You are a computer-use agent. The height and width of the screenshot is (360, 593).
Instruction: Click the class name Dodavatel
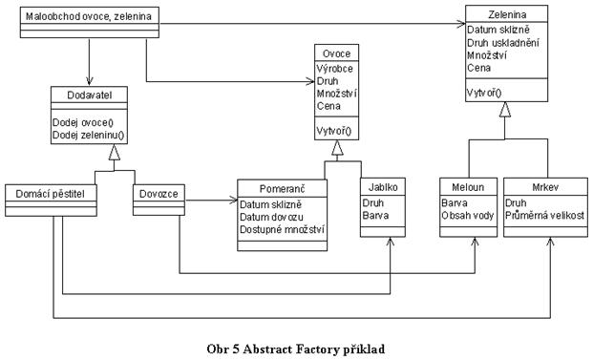click(x=89, y=95)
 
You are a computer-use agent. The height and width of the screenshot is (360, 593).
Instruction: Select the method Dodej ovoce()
click(x=83, y=122)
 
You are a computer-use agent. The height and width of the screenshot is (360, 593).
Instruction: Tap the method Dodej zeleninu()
click(x=88, y=135)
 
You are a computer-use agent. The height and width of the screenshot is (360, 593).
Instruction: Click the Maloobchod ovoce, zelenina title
click(x=89, y=16)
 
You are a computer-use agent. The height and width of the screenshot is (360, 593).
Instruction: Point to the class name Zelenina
click(x=507, y=14)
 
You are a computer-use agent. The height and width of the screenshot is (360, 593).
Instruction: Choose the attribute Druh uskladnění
click(x=503, y=43)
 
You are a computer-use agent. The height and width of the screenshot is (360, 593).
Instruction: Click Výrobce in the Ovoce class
click(x=335, y=69)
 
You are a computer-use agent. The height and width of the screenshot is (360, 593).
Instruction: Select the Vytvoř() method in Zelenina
click(x=484, y=93)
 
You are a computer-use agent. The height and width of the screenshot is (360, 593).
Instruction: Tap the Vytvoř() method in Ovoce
click(x=333, y=131)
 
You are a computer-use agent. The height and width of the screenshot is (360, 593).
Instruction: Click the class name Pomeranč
click(x=282, y=189)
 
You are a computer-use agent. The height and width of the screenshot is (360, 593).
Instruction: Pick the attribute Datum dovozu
click(x=271, y=217)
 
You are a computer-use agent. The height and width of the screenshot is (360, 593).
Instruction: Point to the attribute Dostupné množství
click(x=282, y=229)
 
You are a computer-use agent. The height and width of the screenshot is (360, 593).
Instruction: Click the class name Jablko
click(x=383, y=187)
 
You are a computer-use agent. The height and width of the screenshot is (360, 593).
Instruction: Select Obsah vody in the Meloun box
click(x=468, y=216)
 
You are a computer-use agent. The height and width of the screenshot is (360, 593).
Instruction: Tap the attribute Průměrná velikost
click(x=544, y=216)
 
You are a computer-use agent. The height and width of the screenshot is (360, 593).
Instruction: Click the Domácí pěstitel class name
click(x=51, y=194)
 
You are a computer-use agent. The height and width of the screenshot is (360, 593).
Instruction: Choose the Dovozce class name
click(x=159, y=194)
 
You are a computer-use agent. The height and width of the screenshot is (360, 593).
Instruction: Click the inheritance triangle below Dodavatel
click(x=115, y=152)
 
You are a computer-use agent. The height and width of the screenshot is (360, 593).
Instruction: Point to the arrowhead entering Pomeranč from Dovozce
click(x=233, y=200)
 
